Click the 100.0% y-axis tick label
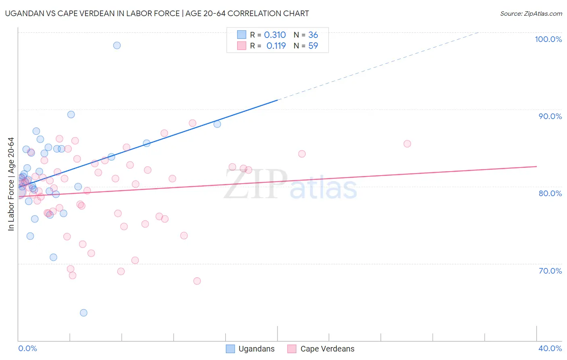548,39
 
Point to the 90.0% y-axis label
550,116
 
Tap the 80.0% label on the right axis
550,193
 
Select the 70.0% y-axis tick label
550,271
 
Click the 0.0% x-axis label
27,348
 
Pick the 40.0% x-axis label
550,348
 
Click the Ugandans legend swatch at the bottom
230,349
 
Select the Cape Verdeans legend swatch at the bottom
292,349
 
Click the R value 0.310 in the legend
275,35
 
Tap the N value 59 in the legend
313,46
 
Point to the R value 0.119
276,46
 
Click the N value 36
313,35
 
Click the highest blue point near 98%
117,45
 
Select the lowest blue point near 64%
83,313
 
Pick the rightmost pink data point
407,144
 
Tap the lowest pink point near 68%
197,281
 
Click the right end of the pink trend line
536,166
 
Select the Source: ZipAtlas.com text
531,14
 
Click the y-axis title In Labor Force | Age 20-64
11,184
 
